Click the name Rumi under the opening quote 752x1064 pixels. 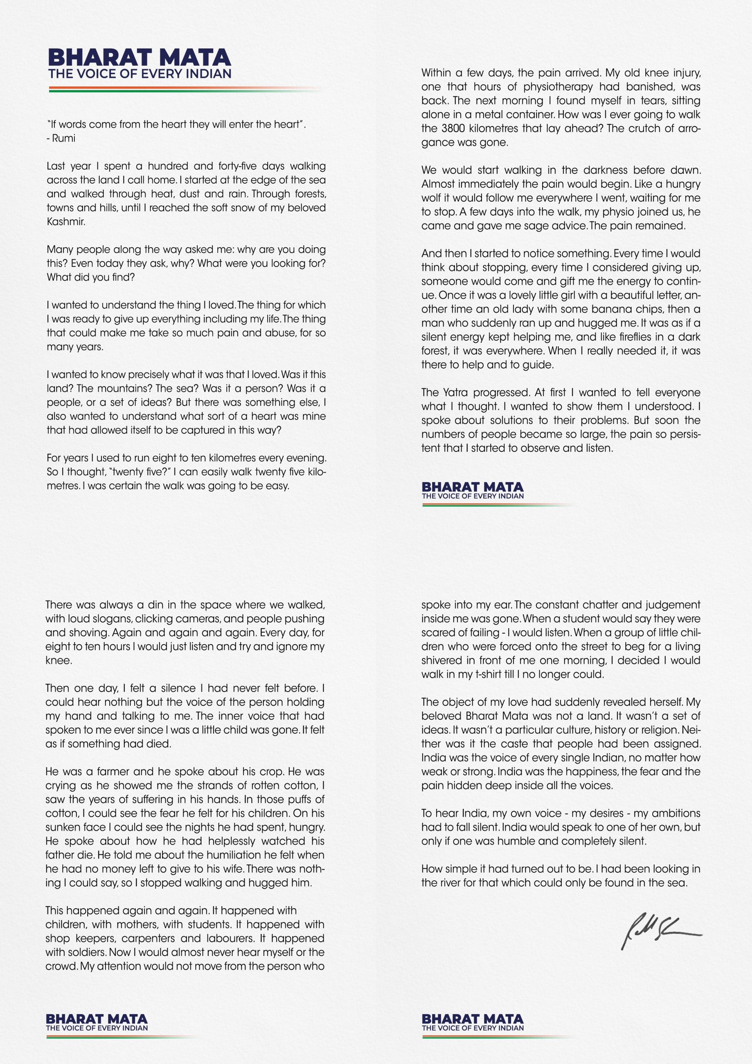pos(64,138)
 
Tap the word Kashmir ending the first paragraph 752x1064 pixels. pos(66,222)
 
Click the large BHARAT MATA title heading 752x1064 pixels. pos(139,57)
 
